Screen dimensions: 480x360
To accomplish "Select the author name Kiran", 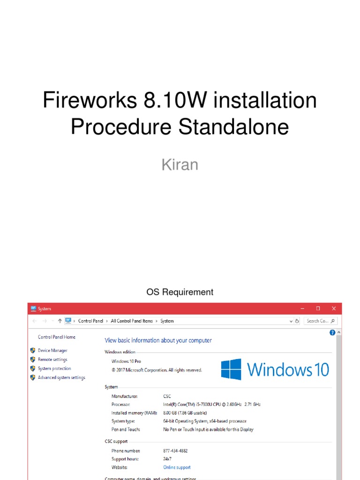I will point(180,165).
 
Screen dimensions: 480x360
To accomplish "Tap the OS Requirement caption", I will point(180,292).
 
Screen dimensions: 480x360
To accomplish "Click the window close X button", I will point(334,308).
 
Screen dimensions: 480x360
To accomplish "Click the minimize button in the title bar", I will point(302,308).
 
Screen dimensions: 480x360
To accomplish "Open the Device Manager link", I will point(52,351).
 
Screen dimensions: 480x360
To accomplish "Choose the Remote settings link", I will point(52,360).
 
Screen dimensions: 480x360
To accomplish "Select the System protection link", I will point(54,368).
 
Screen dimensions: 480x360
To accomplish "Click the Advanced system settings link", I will point(61,377).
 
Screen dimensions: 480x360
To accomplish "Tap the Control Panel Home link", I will point(57,337).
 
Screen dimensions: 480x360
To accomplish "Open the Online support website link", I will point(177,467).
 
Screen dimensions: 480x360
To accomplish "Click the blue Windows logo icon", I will point(231,369).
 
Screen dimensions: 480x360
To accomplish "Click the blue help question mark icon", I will point(332,333).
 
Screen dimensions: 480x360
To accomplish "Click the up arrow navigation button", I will point(60,321).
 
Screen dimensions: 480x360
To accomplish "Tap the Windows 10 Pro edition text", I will point(126,361).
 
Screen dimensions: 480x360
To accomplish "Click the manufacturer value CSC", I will point(167,396).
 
